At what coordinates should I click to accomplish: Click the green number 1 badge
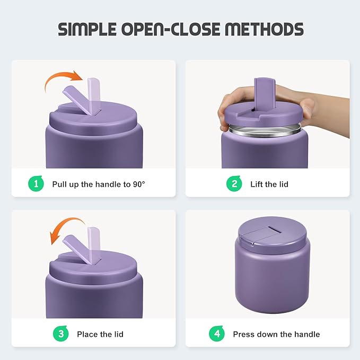[x=36, y=184]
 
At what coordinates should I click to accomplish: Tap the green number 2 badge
[x=234, y=184]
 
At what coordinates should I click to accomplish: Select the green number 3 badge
[x=62, y=334]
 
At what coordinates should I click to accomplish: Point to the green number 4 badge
[x=217, y=334]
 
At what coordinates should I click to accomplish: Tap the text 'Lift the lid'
[x=269, y=185]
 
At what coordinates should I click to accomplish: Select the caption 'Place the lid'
[x=100, y=335]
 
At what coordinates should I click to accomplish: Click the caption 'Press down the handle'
[x=276, y=335]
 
